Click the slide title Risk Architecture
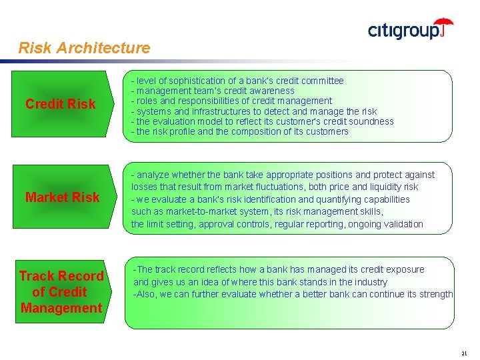point(85,48)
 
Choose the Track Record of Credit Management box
point(61,292)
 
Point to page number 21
point(465,352)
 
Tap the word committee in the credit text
point(323,81)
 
